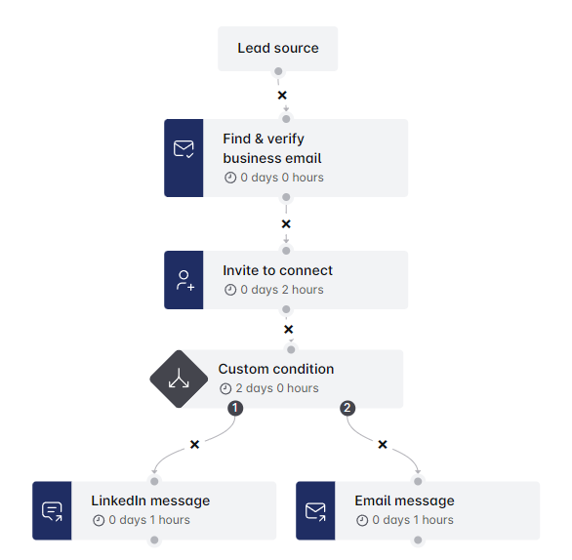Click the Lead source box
coord(277,49)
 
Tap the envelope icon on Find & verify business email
coord(184,148)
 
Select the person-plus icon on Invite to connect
coord(184,280)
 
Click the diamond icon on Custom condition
coord(179,380)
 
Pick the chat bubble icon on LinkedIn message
coord(52,511)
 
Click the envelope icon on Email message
coord(315,511)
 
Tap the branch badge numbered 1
coord(235,408)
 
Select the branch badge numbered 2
coord(347,408)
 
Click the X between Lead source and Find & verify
coord(282,96)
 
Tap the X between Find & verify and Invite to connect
coord(286,223)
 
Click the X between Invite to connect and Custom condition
coord(288,329)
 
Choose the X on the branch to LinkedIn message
coord(195,445)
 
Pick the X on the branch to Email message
coord(383,445)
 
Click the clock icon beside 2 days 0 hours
coord(225,388)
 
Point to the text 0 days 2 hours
coord(282,290)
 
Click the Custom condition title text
coord(276,369)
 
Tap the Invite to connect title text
coord(277,270)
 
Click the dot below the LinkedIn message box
coord(154,540)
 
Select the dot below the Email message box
coord(418,540)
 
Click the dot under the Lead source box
coord(278,71)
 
